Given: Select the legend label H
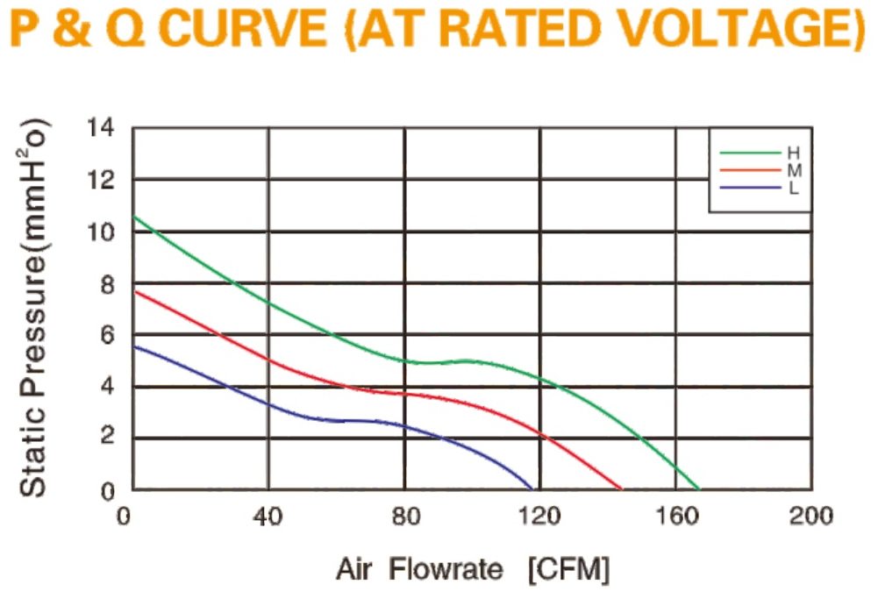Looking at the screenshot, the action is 794,153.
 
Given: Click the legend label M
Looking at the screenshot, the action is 794,170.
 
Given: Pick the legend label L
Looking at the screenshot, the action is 793,188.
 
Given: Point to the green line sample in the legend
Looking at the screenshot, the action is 750,153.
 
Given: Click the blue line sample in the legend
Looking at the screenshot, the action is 750,188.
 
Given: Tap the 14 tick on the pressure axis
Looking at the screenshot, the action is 101,128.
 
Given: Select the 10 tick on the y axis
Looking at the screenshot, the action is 101,232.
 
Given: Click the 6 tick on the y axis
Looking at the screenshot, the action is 108,335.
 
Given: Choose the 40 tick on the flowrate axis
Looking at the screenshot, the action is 268,517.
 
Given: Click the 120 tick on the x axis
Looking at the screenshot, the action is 539,517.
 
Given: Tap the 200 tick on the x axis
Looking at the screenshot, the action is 810,517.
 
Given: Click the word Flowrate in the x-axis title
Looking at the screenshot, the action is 446,570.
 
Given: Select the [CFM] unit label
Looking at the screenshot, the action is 568,570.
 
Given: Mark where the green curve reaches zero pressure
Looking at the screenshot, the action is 699,489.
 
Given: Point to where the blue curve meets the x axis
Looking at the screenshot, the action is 532,489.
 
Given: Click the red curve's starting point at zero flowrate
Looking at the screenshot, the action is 134,291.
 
